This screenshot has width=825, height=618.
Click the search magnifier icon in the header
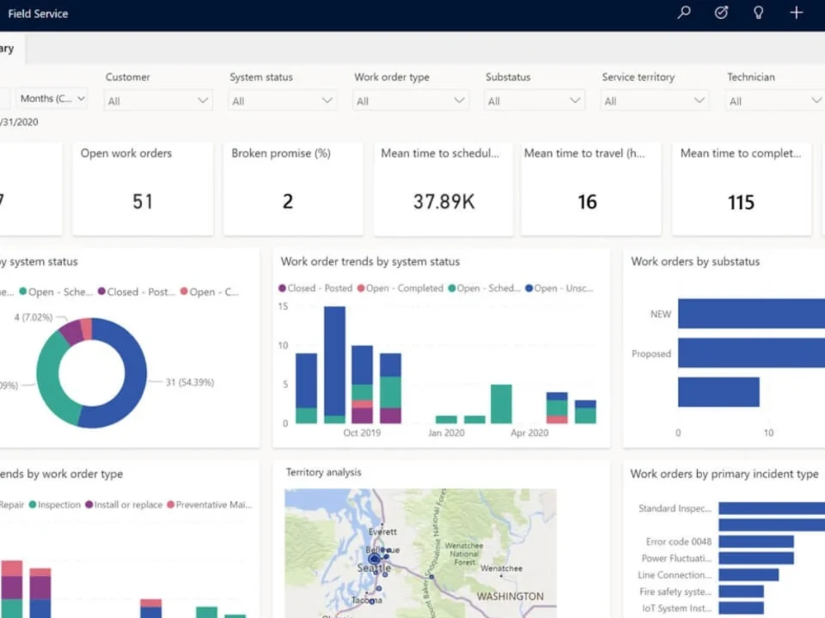pos(683,13)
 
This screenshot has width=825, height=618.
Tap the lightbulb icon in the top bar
pos(758,13)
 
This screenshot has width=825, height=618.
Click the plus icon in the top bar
pos(796,13)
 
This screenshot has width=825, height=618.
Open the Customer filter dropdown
pos(158,101)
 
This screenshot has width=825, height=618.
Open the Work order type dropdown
pos(411,101)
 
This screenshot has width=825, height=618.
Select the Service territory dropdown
pos(655,101)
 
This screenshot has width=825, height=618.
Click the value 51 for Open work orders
pos(143,202)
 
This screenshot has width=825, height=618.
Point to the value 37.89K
pos(444,202)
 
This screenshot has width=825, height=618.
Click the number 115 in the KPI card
pos(741,203)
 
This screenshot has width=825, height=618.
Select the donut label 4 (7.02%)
pos(34,316)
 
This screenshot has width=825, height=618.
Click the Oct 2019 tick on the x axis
pos(362,433)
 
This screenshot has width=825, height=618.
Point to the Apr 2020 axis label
pos(530,433)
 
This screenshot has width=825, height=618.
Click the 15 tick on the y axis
pos(283,307)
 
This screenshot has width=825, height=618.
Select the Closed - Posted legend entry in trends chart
pos(315,288)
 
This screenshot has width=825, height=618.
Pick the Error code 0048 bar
pos(756,541)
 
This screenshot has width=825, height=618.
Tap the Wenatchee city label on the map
pos(501,569)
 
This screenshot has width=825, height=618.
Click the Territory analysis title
pos(323,472)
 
